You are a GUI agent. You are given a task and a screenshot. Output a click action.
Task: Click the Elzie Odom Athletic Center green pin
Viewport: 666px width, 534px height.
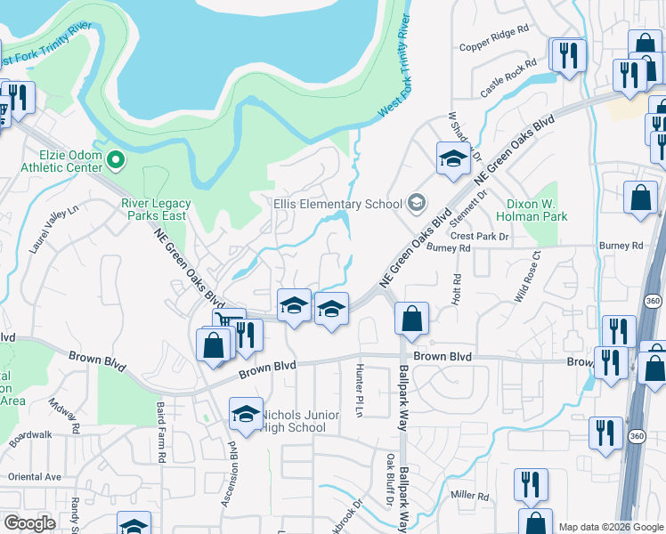[x=115, y=161]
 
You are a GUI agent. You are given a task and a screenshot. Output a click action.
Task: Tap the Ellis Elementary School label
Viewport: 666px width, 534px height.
[x=337, y=204]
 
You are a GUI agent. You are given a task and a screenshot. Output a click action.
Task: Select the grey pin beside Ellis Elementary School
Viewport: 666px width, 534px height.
[x=416, y=204]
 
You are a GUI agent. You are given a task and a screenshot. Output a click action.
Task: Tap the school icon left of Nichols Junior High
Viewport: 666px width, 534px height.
[x=246, y=414]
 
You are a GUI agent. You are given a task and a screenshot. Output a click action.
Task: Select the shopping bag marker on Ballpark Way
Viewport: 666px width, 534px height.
[x=411, y=320]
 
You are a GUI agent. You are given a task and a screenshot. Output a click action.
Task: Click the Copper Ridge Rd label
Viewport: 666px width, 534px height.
[x=493, y=46]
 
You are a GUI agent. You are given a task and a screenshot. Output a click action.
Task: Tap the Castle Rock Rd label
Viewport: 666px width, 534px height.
[x=508, y=77]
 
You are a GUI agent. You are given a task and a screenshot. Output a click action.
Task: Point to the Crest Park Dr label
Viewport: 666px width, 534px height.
[x=479, y=237]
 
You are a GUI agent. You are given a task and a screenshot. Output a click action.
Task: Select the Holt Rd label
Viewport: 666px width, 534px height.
[x=456, y=291]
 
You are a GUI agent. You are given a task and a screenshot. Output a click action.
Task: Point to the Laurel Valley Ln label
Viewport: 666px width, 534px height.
[x=53, y=230]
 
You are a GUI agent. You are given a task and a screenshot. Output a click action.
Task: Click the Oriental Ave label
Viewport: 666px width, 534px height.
[x=34, y=476]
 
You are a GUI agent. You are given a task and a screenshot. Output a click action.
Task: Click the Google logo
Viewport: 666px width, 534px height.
[x=30, y=523]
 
